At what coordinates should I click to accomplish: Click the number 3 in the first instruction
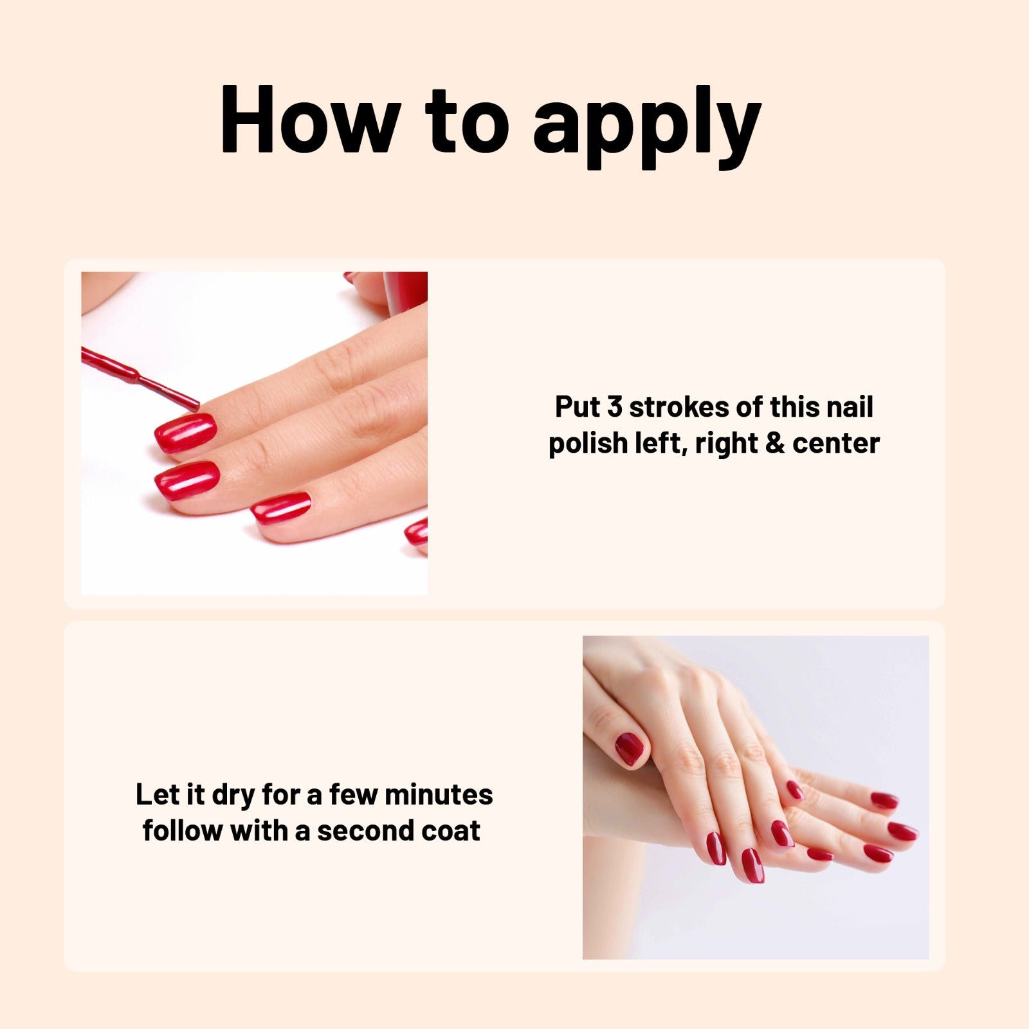[x=615, y=407]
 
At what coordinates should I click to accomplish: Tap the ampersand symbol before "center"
[x=776, y=443]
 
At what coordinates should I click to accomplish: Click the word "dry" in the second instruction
[x=234, y=796]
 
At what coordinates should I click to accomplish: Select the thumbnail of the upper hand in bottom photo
[x=630, y=749]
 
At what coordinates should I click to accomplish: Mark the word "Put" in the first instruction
[x=577, y=407]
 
